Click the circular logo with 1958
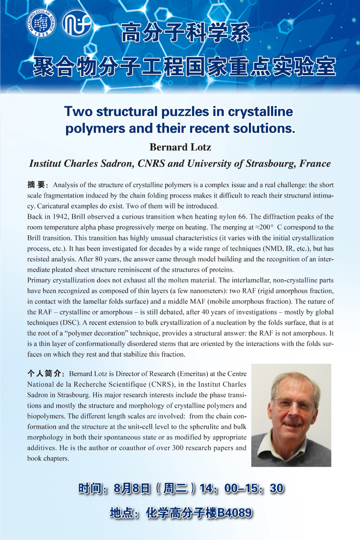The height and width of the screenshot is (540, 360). click(41, 23)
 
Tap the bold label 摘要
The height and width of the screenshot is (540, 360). click(38, 185)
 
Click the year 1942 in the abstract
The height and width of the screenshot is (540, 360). click(68, 216)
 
